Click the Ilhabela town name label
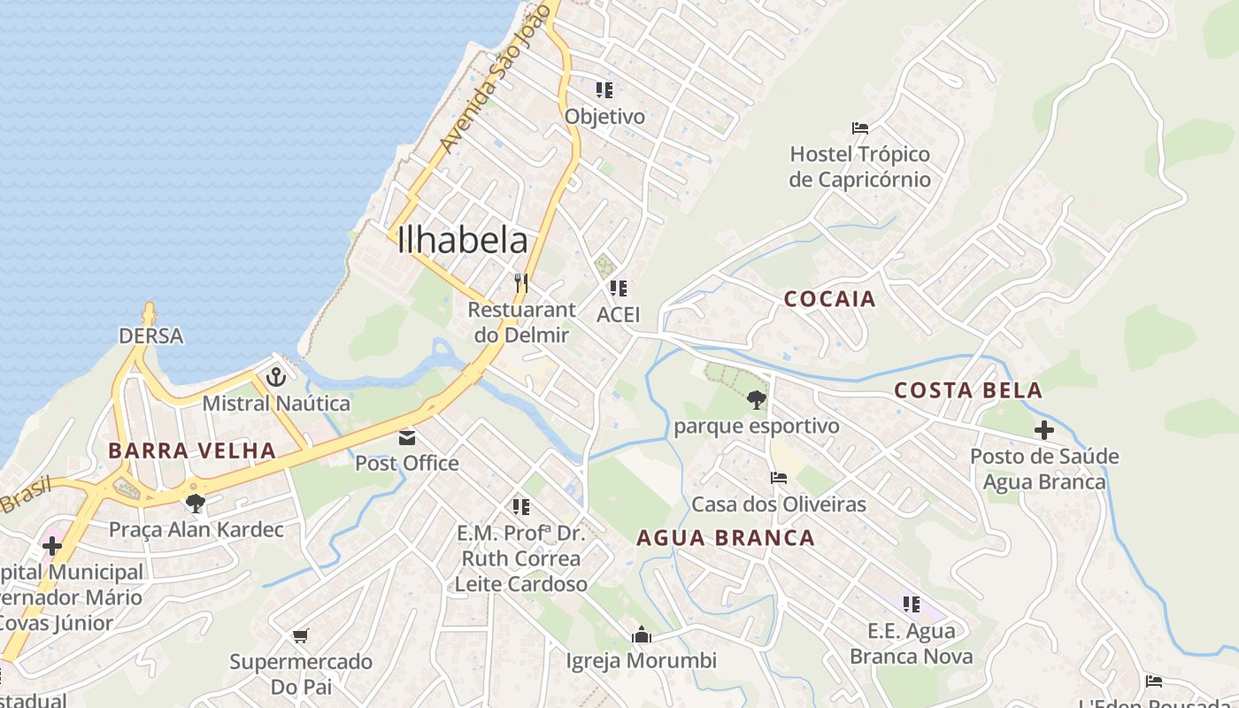coord(463,240)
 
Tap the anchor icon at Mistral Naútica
coord(276,377)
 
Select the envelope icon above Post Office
coord(407,437)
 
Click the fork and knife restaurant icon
coord(521,283)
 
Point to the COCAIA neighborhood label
coord(829,299)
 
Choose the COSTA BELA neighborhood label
coord(967,390)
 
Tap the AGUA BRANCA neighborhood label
coord(726,538)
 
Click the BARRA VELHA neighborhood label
coord(192,450)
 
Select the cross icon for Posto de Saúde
coord(1044,431)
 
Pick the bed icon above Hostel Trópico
coord(859,128)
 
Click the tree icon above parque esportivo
coord(756,400)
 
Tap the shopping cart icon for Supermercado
coord(300,635)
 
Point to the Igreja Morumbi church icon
coord(641,635)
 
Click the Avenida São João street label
coord(495,80)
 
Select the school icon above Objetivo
coord(604,89)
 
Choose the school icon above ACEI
coord(618,288)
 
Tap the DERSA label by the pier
coord(151,336)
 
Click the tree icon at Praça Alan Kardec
coord(196,504)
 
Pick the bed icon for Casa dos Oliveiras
coord(779,478)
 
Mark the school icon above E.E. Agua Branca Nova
coord(911,604)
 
